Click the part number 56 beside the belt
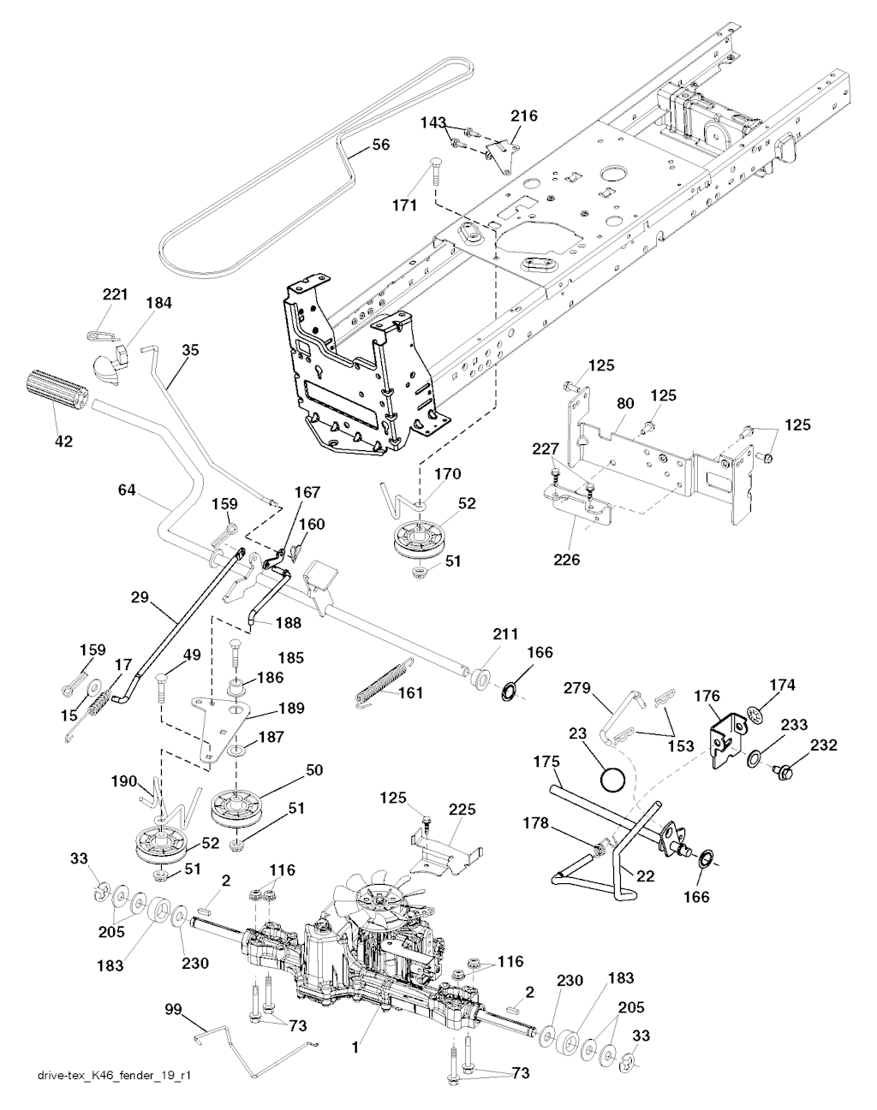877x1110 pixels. pos(381,145)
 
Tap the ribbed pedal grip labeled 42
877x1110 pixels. pos(58,391)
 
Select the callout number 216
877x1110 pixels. pos(525,116)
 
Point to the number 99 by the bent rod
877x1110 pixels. pos(175,1011)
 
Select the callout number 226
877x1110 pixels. pos(568,561)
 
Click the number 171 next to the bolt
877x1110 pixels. pos(404,205)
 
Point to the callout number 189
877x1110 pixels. pos(291,709)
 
